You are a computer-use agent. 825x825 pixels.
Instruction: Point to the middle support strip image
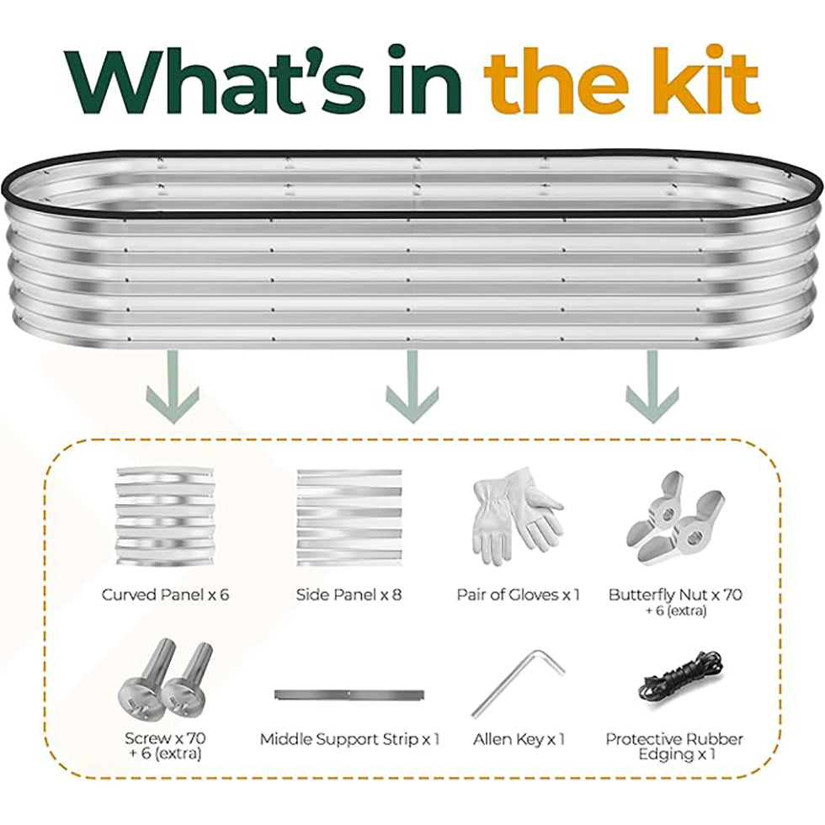pyautogui.click(x=349, y=695)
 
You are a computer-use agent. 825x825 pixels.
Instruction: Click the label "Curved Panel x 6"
pyautogui.click(x=165, y=595)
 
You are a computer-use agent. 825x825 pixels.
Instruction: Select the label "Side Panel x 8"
pyautogui.click(x=349, y=595)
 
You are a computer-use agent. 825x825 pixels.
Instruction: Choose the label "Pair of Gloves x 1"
pyautogui.click(x=518, y=595)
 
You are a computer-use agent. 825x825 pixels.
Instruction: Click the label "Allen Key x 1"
pyautogui.click(x=519, y=740)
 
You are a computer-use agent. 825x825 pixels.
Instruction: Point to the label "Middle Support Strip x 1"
pyautogui.click(x=349, y=740)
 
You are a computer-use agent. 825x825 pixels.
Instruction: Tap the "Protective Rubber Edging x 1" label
pyautogui.click(x=674, y=747)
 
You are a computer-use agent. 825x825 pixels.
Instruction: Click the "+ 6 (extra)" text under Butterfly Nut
pyautogui.click(x=675, y=610)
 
